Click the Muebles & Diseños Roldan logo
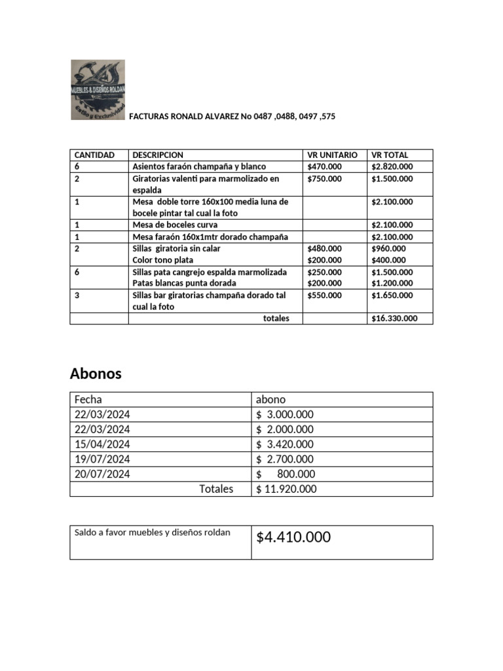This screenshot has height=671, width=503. (98, 90)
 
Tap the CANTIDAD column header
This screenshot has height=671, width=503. (94, 155)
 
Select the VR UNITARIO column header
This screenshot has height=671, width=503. (333, 155)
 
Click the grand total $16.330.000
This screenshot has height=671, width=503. (393, 318)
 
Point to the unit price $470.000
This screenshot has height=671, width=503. (324, 166)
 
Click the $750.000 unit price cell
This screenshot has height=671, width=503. (324, 178)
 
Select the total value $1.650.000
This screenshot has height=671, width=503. (392, 296)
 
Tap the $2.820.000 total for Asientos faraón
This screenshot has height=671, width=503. (392, 166)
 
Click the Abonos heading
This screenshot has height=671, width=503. (96, 374)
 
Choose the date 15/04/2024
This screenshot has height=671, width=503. (102, 444)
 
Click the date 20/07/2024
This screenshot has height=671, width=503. (102, 474)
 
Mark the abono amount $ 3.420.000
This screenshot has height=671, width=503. (285, 444)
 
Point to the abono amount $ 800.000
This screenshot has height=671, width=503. (286, 474)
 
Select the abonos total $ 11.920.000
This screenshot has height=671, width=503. (286, 489)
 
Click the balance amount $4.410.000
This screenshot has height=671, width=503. (293, 538)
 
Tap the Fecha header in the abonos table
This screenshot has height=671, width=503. (88, 399)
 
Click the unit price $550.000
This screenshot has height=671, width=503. (324, 296)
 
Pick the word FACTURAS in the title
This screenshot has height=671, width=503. (149, 117)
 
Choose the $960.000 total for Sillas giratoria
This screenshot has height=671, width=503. (388, 248)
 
